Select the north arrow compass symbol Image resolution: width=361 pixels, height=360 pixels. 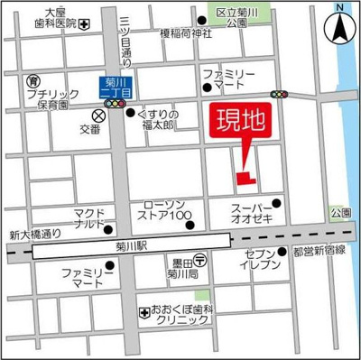340,24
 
